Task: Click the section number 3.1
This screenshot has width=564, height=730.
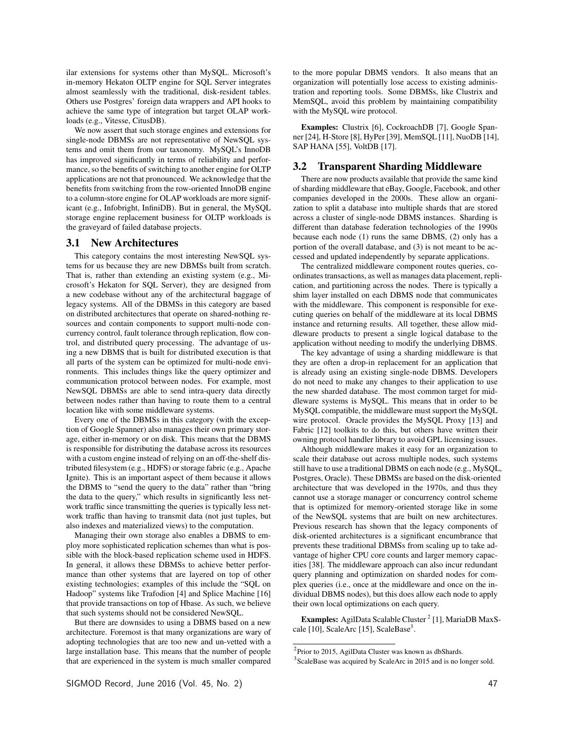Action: (73, 243)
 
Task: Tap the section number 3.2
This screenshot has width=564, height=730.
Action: (300, 166)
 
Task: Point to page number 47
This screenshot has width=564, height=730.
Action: (492, 683)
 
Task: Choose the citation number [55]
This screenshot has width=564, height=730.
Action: (347, 147)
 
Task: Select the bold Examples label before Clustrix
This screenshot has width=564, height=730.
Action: (319, 127)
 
